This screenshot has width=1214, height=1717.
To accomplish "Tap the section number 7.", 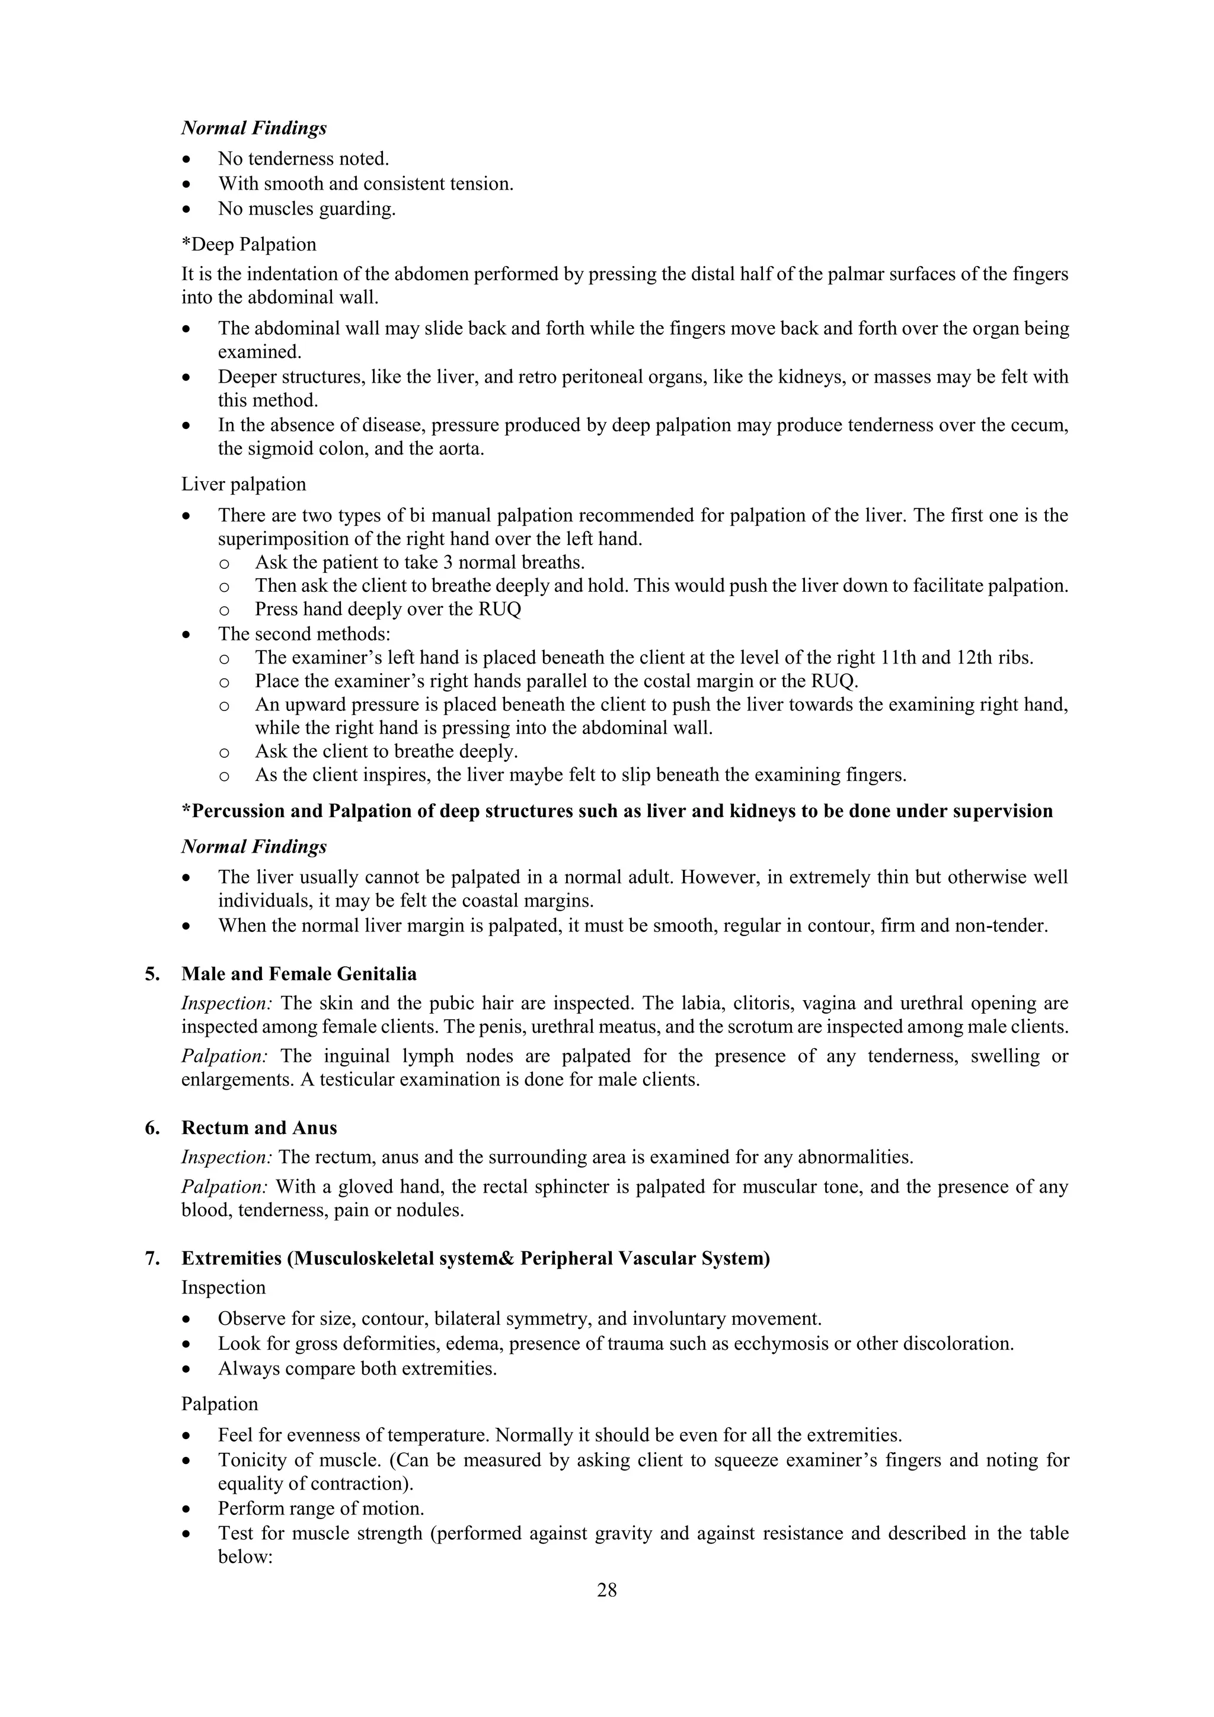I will [152, 1258].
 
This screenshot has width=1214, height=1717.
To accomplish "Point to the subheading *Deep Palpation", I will [248, 245].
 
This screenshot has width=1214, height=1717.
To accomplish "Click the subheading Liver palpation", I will [243, 484].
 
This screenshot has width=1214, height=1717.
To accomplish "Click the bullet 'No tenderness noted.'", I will [303, 159].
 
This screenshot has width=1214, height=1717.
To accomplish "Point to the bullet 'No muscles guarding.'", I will [306, 209].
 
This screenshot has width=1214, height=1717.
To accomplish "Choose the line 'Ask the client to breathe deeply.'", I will [386, 751].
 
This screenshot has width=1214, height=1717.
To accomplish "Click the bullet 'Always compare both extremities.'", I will [357, 1369].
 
